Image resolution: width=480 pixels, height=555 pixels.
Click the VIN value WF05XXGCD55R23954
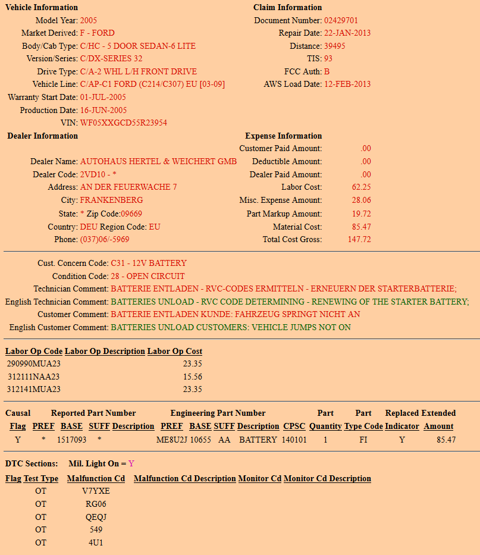(123, 123)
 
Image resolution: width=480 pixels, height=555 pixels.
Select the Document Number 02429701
(341, 20)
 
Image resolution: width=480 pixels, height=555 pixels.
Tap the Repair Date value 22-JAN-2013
(347, 33)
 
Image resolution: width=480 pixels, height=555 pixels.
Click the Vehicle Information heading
(42, 8)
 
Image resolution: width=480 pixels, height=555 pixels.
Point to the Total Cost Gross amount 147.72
(359, 240)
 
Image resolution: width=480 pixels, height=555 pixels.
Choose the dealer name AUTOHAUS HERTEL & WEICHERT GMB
(158, 162)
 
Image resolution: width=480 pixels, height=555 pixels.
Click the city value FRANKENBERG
(111, 200)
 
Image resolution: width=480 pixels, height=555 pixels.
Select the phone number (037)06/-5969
(105, 240)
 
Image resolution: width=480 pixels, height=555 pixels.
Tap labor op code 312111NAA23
(33, 377)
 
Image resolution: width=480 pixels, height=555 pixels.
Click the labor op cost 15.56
(193, 377)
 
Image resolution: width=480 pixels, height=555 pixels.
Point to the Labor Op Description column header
(105, 352)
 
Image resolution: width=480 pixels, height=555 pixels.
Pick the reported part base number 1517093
(72, 440)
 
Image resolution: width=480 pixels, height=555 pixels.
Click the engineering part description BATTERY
(258, 440)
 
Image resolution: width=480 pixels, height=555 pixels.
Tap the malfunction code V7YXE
(96, 491)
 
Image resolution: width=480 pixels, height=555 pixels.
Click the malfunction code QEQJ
(96, 518)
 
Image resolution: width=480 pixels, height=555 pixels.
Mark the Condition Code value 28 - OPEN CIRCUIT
(148, 277)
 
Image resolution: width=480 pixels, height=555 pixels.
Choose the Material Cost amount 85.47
(362, 227)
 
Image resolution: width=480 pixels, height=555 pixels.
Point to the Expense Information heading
(283, 136)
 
